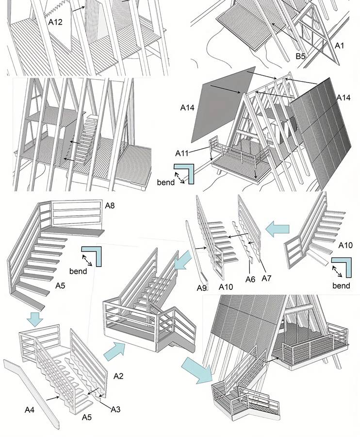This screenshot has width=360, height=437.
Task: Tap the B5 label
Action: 300,56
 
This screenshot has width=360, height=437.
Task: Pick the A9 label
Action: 202,288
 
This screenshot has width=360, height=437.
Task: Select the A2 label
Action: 118,375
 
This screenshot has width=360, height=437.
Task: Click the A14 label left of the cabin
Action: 187,108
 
